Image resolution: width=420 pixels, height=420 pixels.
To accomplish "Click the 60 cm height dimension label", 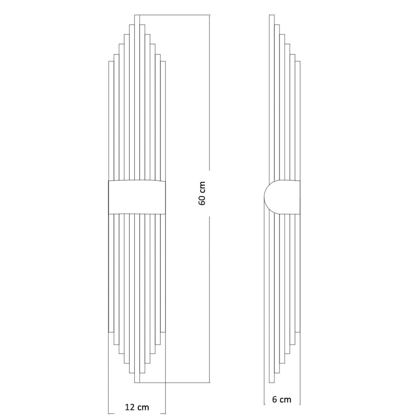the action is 202,193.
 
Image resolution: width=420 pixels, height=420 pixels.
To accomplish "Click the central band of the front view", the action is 137,197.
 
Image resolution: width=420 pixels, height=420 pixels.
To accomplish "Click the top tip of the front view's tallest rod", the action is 137,15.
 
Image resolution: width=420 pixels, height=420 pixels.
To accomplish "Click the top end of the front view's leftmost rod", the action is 111,62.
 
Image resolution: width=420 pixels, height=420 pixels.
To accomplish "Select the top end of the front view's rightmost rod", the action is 163,62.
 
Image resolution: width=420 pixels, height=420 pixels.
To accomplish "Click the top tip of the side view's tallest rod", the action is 272,15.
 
